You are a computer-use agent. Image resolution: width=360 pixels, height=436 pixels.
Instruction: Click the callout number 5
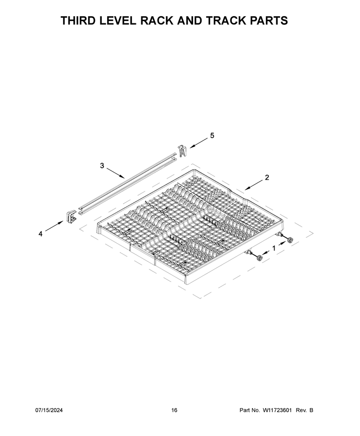point(212,136)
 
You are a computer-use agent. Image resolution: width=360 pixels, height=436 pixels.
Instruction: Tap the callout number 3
point(102,166)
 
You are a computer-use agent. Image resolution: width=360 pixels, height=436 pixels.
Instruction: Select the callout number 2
point(267,178)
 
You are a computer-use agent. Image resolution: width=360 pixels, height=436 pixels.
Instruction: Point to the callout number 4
point(40,234)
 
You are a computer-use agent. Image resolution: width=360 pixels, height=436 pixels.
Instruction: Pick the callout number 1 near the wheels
point(274,248)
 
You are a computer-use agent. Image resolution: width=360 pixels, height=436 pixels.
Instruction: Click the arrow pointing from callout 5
point(199,142)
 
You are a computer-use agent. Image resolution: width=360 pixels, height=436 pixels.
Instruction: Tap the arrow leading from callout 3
point(116,173)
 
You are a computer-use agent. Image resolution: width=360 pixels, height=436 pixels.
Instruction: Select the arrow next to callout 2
point(254,185)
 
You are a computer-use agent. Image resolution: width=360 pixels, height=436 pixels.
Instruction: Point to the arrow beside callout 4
point(54,226)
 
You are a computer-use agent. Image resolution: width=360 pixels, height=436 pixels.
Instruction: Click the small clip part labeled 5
point(182,151)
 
